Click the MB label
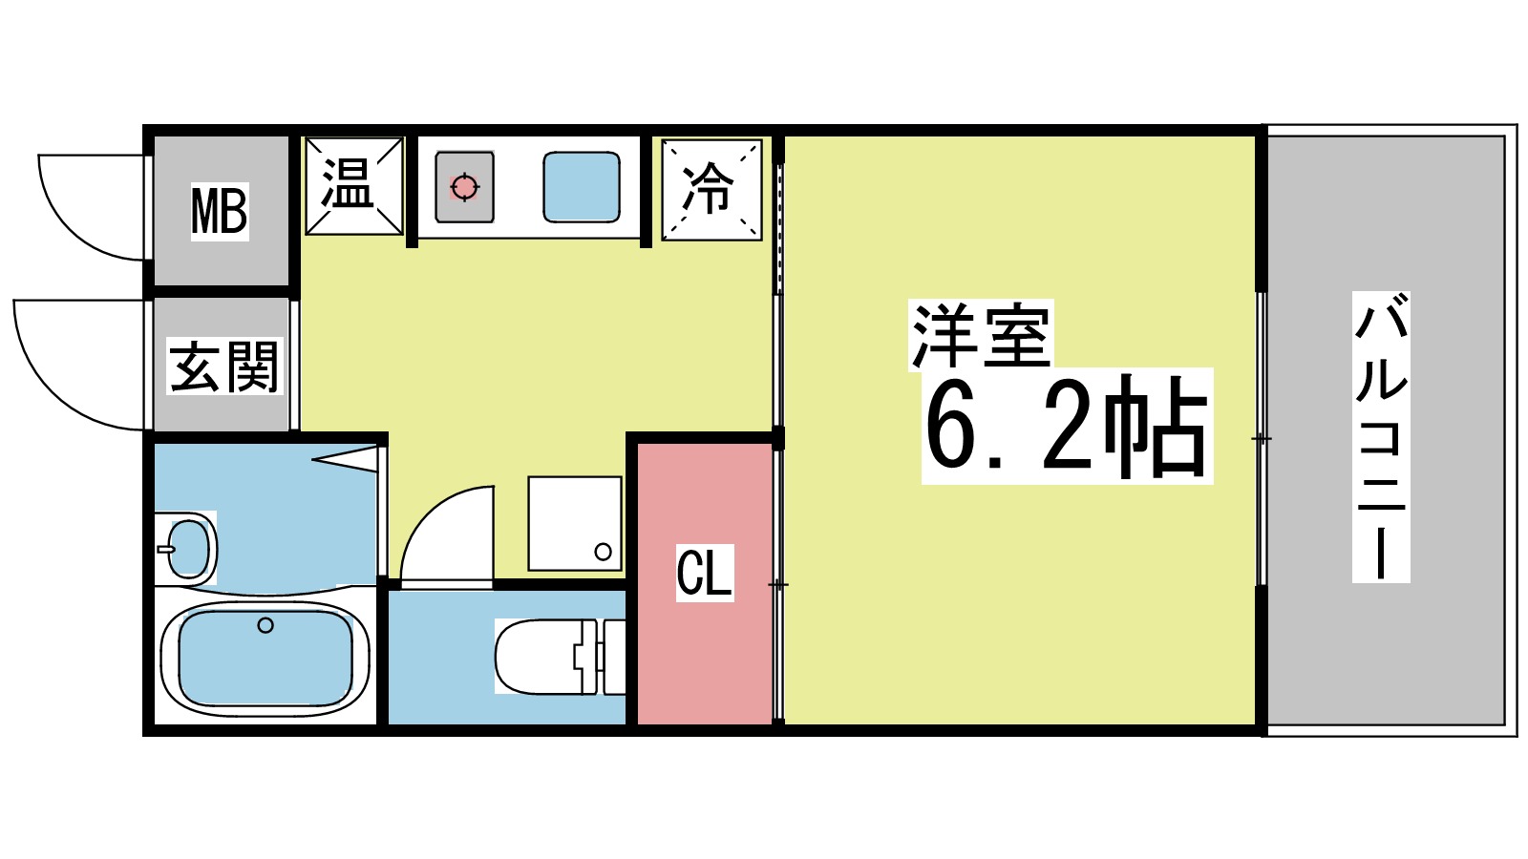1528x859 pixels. (220, 211)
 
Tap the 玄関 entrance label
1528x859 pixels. (224, 367)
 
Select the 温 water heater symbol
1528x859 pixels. (353, 186)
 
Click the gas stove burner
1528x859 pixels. (464, 187)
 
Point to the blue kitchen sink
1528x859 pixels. (581, 187)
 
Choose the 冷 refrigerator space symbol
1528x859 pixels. (711, 189)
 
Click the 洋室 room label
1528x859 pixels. (981, 335)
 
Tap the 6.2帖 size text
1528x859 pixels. (1067, 426)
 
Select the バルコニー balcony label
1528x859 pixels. (1381, 437)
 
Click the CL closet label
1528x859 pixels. (704, 573)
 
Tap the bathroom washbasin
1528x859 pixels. (187, 549)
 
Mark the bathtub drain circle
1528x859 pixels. (265, 625)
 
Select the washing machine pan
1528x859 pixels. (574, 523)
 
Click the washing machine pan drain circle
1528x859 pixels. (603, 551)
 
